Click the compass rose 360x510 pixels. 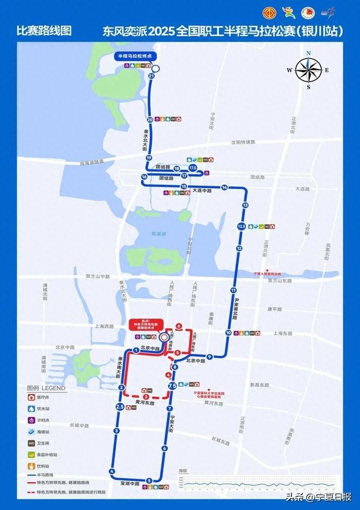click(x=308, y=70)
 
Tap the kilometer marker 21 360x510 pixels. click(x=151, y=75)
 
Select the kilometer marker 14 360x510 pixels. click(x=224, y=187)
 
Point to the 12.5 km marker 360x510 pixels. click(x=242, y=226)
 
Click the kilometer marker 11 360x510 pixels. click(x=233, y=290)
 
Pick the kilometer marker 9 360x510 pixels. click(x=209, y=357)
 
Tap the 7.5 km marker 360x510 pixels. click(x=173, y=386)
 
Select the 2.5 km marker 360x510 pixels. click(x=120, y=407)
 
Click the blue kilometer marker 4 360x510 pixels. click(x=112, y=471)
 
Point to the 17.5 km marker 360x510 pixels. click(x=192, y=168)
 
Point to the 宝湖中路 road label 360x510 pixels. click(x=129, y=484)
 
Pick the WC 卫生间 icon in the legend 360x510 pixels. click(x=33, y=444)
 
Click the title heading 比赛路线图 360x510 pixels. click(x=44, y=31)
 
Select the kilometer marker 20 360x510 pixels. click(x=150, y=119)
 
